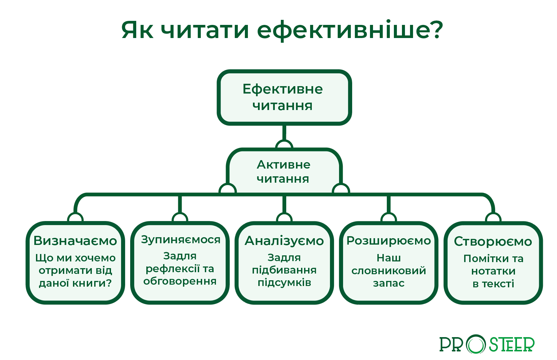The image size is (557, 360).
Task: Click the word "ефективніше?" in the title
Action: point(350,30)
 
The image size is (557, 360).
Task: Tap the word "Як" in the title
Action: point(137,30)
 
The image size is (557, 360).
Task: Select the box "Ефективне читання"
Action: point(284,98)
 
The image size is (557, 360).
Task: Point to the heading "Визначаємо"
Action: point(75,241)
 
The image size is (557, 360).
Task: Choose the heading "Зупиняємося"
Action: point(181,240)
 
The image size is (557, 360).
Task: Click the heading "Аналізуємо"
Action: point(284,241)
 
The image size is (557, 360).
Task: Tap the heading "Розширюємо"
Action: point(389,241)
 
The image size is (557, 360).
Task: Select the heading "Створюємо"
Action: point(493,242)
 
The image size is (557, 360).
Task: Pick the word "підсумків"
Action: point(284,283)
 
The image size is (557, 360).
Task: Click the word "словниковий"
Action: point(389,271)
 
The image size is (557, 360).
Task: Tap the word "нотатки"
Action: point(493,271)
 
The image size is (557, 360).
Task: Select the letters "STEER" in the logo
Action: point(512,344)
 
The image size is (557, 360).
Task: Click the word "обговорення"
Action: point(180,281)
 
